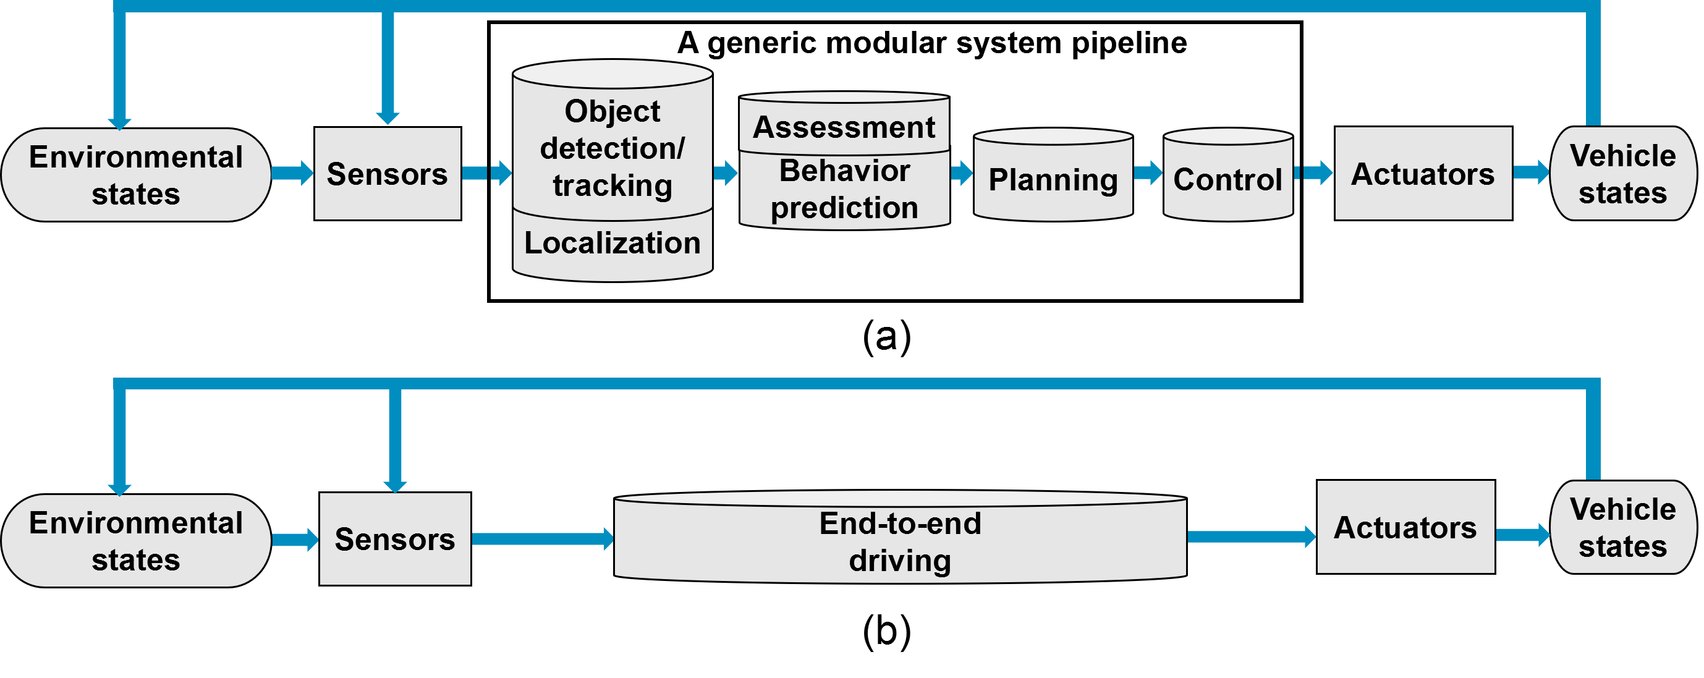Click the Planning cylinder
coord(1053,179)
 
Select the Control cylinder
coord(1227,179)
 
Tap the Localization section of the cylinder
coord(613,244)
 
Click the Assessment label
coord(844,127)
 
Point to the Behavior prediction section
coord(844,189)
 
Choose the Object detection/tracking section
coord(613,148)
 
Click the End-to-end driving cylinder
coord(900,541)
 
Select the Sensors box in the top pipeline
coord(388,174)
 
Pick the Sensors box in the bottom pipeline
coord(395,539)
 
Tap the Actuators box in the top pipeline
coord(1423,174)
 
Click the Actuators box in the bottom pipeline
coord(1405,527)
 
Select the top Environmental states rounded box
coord(135,176)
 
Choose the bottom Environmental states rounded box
coord(135,541)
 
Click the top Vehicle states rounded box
coord(1622,174)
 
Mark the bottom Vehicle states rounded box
coord(1622,527)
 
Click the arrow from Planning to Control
coord(1148,173)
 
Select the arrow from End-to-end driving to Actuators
coord(1250,536)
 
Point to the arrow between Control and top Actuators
coord(1314,173)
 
